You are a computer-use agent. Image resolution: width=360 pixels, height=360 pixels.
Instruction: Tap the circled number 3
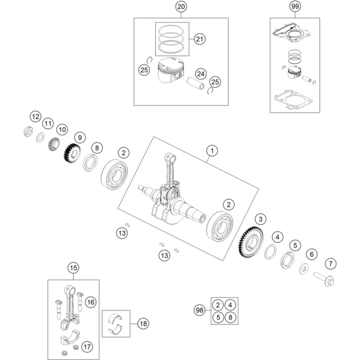pyautogui.click(x=260, y=220)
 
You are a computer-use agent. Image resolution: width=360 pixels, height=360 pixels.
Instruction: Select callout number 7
pyautogui.click(x=331, y=263)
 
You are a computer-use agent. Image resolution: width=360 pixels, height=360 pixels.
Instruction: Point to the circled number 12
pyautogui.click(x=36, y=117)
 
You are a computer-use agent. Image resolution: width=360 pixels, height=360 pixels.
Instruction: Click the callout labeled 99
pyautogui.click(x=295, y=7)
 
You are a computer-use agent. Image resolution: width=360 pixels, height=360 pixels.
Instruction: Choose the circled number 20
pyautogui.click(x=181, y=7)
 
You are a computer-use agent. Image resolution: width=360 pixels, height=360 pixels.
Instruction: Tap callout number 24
pyautogui.click(x=200, y=73)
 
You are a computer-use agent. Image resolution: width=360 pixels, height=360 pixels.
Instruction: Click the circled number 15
pyautogui.click(x=73, y=268)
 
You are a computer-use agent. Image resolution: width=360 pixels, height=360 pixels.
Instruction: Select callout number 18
pyautogui.click(x=143, y=323)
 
